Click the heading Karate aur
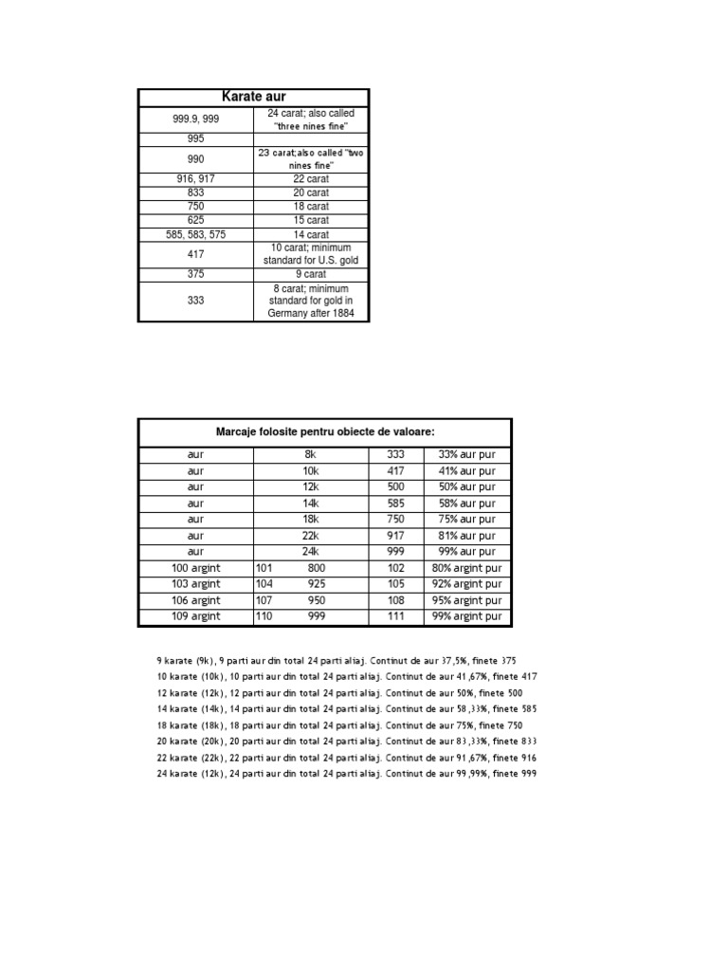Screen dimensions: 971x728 click(253, 97)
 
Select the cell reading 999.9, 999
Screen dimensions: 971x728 click(196, 119)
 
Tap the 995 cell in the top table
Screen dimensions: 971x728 click(196, 138)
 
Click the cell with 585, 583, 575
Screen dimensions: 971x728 click(196, 234)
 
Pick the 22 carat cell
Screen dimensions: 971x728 click(311, 178)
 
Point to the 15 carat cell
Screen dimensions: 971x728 click(311, 220)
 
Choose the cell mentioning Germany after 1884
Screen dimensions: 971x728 click(311, 301)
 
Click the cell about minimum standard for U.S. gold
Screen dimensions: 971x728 click(311, 254)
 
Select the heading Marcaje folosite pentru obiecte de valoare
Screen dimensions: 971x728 click(325, 431)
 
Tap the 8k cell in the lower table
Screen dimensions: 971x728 click(310, 455)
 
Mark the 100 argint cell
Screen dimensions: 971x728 click(196, 568)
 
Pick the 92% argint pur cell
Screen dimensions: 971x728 click(466, 584)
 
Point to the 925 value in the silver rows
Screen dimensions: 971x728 click(317, 584)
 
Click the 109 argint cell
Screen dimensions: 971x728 click(196, 616)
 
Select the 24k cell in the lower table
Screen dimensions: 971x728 click(310, 552)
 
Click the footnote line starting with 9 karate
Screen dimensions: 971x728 click(337, 660)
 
